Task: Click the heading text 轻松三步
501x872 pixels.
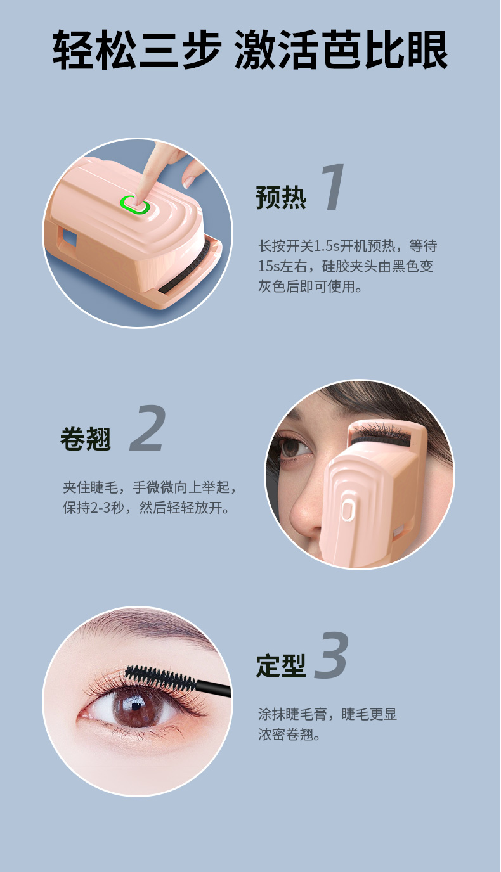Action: coord(137,50)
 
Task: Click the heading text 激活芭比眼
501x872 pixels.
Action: coord(341,50)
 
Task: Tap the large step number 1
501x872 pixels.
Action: coord(334,187)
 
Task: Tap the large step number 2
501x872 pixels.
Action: coord(148,428)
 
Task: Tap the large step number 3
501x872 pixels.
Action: coord(331,655)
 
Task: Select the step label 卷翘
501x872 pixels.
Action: coord(86,439)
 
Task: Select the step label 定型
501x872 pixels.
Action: coord(281,666)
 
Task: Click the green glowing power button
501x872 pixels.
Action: coord(135,205)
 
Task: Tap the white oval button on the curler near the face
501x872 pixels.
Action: coord(347,510)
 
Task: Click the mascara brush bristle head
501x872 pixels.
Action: coord(160,678)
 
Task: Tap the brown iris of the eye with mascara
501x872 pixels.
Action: coord(134,707)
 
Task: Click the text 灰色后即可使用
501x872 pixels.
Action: coord(310,286)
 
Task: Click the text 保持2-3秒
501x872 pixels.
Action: coord(93,508)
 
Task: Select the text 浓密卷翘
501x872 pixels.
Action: coord(285,734)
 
